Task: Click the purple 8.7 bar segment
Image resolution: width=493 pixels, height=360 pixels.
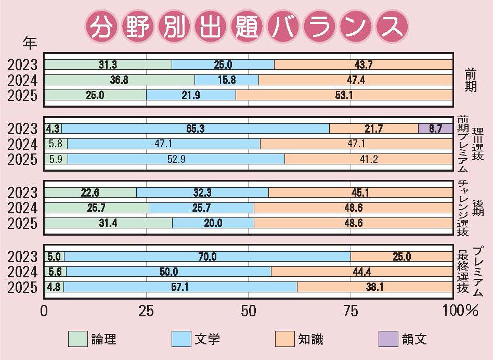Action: tap(435, 128)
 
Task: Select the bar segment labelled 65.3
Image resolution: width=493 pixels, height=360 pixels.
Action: tap(196, 128)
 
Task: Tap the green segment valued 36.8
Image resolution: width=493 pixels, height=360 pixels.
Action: tap(120, 80)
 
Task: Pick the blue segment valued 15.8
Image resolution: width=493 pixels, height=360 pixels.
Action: tap(226, 80)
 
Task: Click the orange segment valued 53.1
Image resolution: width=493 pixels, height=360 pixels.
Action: tap(344, 95)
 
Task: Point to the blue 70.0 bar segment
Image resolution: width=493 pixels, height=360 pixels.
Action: tap(207, 256)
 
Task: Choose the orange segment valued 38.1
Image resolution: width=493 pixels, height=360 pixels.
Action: tap(374, 287)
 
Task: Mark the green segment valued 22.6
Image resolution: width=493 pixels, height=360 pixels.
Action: tap(90, 192)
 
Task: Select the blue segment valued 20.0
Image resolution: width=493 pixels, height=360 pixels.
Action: tap(213, 223)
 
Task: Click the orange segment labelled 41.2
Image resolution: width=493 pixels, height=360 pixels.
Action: tap(369, 159)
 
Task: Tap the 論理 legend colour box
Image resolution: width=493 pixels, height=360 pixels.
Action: tap(79, 339)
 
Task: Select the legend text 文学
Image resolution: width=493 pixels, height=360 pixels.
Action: tap(207, 340)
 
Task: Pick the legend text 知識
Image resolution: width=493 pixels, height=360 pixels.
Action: tap(310, 340)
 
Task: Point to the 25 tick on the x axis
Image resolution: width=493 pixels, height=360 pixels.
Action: tap(146, 312)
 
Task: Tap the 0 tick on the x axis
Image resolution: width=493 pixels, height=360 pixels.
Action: tap(45, 312)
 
